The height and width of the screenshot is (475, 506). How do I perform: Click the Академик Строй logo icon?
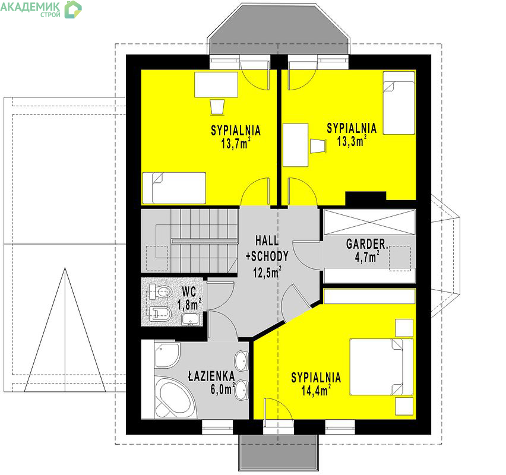[73, 9]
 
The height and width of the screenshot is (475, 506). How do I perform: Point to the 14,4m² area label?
[316, 391]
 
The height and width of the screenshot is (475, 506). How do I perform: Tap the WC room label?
[189, 292]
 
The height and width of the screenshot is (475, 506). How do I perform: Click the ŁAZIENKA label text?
[211, 376]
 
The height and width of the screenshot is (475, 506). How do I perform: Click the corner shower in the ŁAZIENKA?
[166, 355]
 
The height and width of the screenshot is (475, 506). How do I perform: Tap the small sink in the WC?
[191, 319]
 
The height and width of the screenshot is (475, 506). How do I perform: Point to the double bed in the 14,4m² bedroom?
[381, 366]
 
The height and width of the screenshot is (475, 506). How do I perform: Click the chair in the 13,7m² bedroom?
[217, 106]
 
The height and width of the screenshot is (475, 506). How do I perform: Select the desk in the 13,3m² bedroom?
[295, 145]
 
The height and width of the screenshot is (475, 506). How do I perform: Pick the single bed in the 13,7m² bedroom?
[174, 188]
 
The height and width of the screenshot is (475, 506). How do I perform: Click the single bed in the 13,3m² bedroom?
[399, 103]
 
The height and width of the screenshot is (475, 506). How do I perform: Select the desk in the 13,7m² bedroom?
[216, 84]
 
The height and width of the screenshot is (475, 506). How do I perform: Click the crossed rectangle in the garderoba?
[369, 222]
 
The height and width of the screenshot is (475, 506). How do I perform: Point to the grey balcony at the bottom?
[278, 452]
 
